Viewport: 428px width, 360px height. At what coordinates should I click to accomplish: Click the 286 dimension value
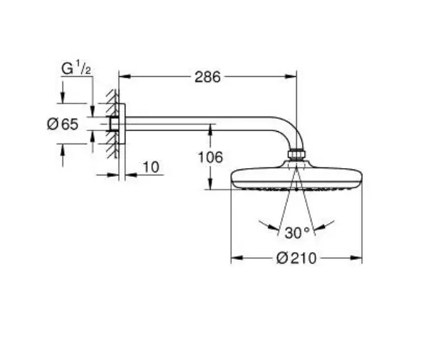pos(207,77)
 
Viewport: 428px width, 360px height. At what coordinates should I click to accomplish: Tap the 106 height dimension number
pos(210,157)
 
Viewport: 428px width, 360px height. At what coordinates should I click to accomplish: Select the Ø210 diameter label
pos(296,258)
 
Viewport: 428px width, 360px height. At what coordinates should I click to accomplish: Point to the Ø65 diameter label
pos(63,124)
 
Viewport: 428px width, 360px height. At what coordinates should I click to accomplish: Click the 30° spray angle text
pos(297,233)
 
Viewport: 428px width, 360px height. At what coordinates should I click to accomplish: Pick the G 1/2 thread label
pos(76,68)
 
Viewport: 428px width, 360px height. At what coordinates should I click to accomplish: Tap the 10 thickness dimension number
pos(151,167)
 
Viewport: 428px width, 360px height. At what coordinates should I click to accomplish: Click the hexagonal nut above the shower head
pos(297,154)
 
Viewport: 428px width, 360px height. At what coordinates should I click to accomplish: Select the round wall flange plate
pos(122,124)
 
